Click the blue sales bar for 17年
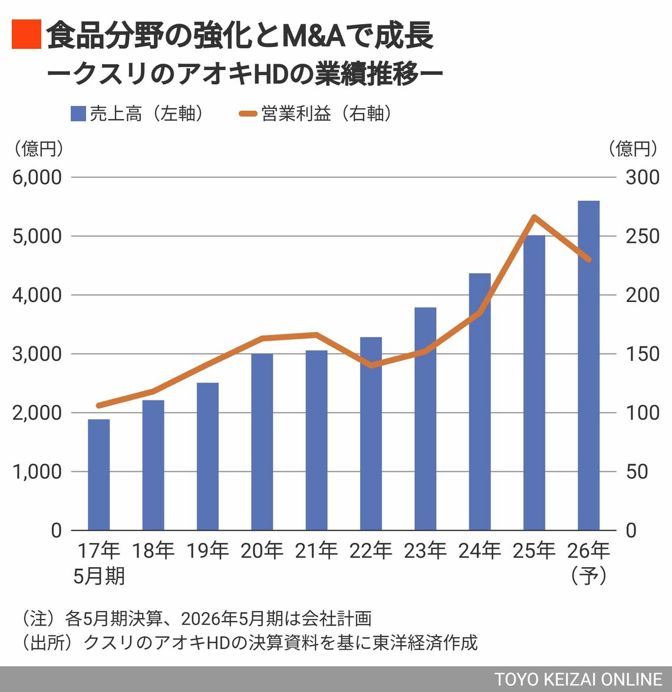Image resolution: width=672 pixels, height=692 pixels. point(98,475)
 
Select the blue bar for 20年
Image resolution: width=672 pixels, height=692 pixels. point(262,442)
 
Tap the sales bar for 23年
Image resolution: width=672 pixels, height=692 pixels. point(425,419)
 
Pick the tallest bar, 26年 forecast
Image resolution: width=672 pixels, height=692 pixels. point(588,365)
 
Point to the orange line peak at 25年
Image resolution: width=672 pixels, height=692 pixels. point(534,217)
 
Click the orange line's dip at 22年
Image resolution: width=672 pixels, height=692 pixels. point(371,366)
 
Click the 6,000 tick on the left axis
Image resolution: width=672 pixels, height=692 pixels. point(37,177)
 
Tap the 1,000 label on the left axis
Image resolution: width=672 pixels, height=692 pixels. point(37,472)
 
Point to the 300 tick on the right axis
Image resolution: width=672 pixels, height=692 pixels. point(643,177)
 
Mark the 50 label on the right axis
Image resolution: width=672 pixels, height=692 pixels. point(637,472)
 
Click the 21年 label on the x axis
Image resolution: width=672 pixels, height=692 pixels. point(317,551)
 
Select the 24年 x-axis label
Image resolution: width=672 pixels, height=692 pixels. point(480,551)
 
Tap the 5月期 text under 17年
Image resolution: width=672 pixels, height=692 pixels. point(99,575)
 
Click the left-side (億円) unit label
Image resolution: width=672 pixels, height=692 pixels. point(38,148)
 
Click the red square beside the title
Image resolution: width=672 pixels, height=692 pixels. point(26,34)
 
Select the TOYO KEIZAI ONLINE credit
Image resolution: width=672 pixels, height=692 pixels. point(578,678)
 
